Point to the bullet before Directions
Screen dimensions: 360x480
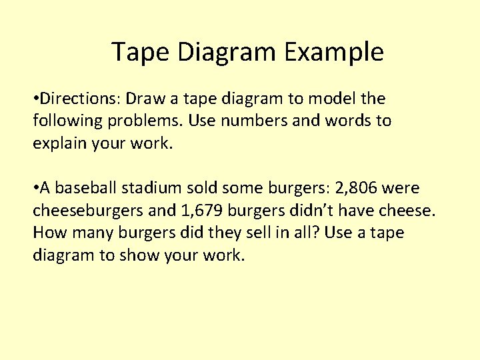click(36, 100)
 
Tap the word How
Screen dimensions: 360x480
click(48, 233)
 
